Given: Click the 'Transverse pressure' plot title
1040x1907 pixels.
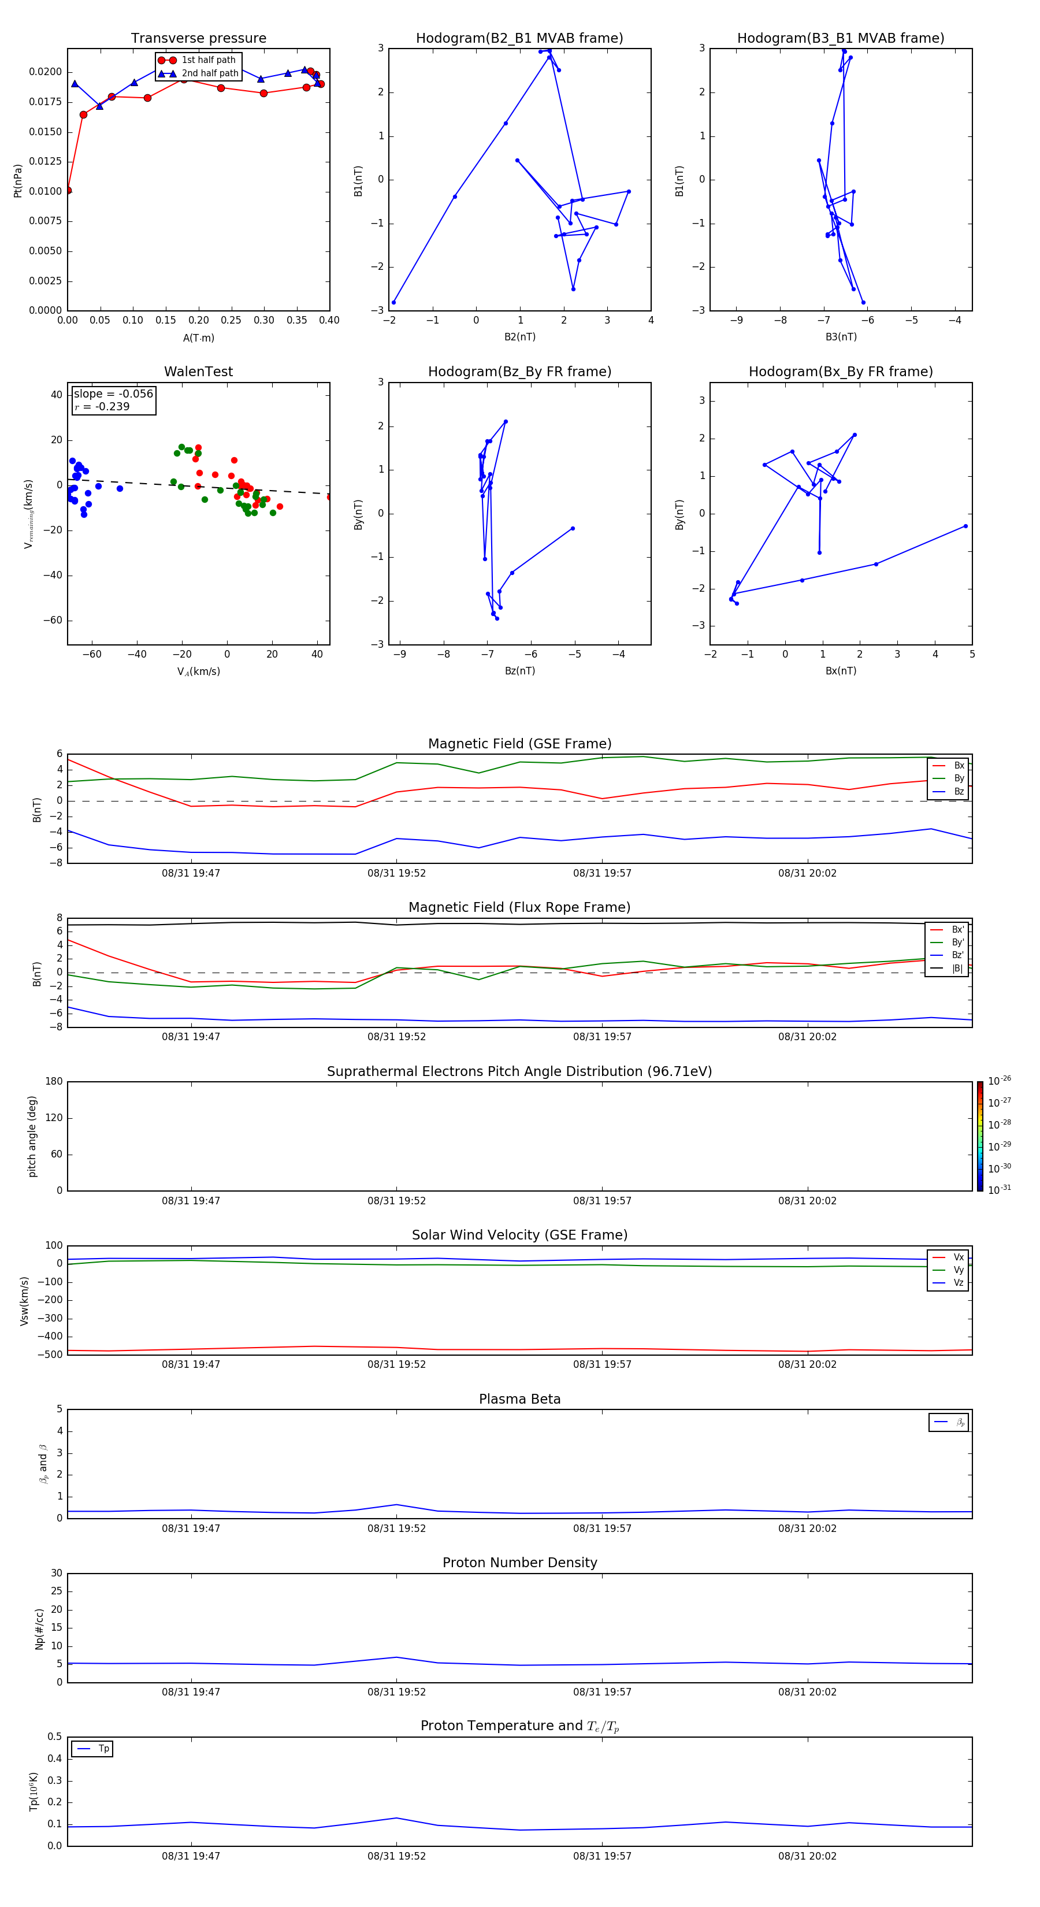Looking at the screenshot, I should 198,39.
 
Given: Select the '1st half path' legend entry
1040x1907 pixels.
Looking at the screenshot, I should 208,60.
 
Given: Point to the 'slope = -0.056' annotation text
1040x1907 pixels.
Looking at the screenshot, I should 113,394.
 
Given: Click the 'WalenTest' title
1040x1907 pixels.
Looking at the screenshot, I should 198,372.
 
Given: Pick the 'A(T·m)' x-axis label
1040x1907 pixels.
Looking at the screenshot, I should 198,338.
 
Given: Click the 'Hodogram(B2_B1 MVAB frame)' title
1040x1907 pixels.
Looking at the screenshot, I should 519,39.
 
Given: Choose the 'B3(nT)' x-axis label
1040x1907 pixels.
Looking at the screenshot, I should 841,337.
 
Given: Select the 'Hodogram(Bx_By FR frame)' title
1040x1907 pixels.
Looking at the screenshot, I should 840,372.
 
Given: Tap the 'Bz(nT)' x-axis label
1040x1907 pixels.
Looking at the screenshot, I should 519,671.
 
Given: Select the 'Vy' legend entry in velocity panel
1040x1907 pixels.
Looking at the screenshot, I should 958,1270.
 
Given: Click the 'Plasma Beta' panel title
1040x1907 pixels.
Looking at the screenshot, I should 519,1399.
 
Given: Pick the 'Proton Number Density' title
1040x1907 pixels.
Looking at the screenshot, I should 519,1563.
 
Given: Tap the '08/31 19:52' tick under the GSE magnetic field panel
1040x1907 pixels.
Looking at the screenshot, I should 397,874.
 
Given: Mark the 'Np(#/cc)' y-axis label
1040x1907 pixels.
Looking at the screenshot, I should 39,1628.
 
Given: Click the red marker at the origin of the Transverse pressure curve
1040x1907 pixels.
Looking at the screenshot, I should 68,190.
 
